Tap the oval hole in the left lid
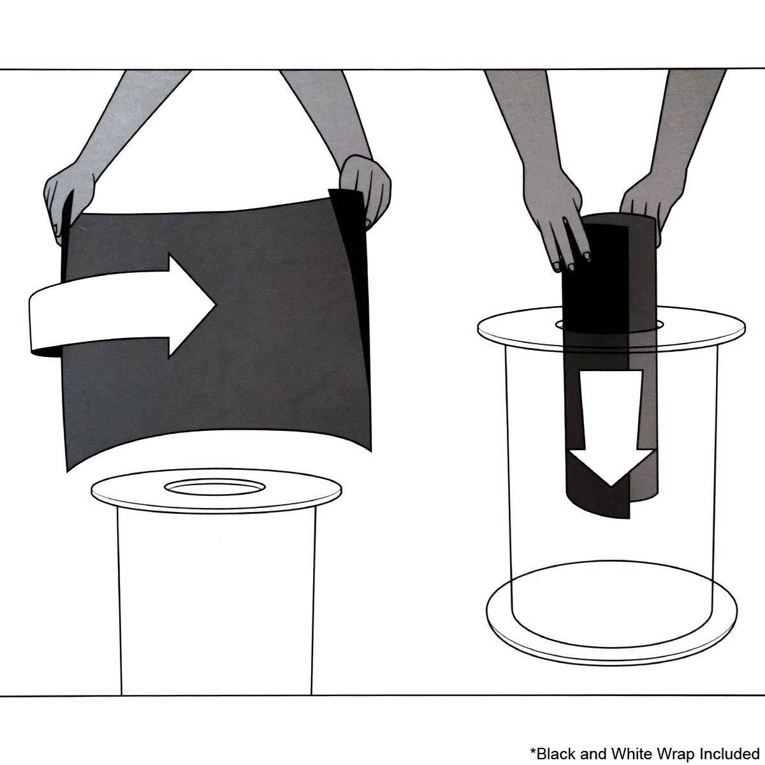click(215, 487)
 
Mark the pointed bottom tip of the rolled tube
click(629, 517)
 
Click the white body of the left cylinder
click(216, 604)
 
